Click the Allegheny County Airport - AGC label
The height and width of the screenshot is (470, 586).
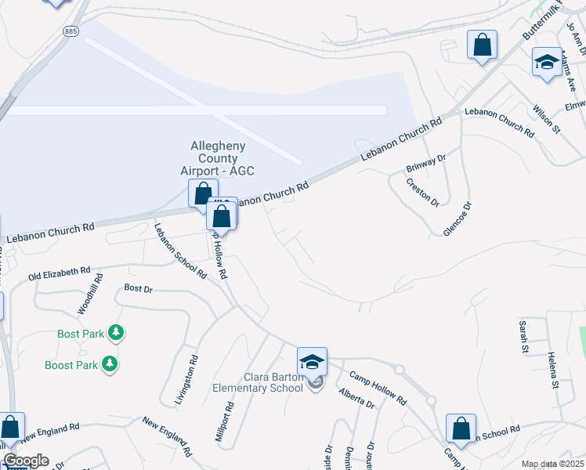(223, 158)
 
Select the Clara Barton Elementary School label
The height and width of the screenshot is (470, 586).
(258, 381)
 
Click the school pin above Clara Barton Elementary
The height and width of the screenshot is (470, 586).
(312, 363)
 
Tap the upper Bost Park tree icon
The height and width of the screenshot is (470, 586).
(117, 333)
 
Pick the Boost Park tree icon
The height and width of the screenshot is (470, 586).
(110, 364)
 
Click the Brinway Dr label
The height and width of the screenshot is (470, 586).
(425, 164)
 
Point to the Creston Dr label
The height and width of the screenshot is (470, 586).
(423, 192)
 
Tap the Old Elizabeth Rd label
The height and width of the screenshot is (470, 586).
(60, 273)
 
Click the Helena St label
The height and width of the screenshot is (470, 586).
(552, 370)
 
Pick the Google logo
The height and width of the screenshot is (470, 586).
(26, 461)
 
